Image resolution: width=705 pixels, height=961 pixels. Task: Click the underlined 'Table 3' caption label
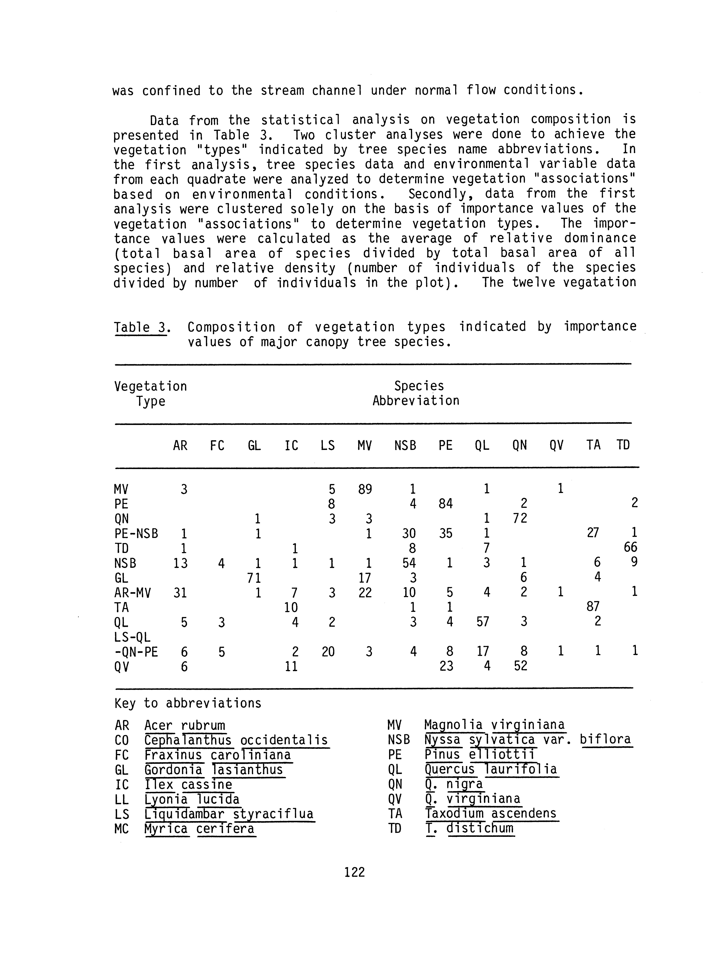click(140, 327)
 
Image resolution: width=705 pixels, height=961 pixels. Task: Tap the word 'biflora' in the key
click(605, 739)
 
